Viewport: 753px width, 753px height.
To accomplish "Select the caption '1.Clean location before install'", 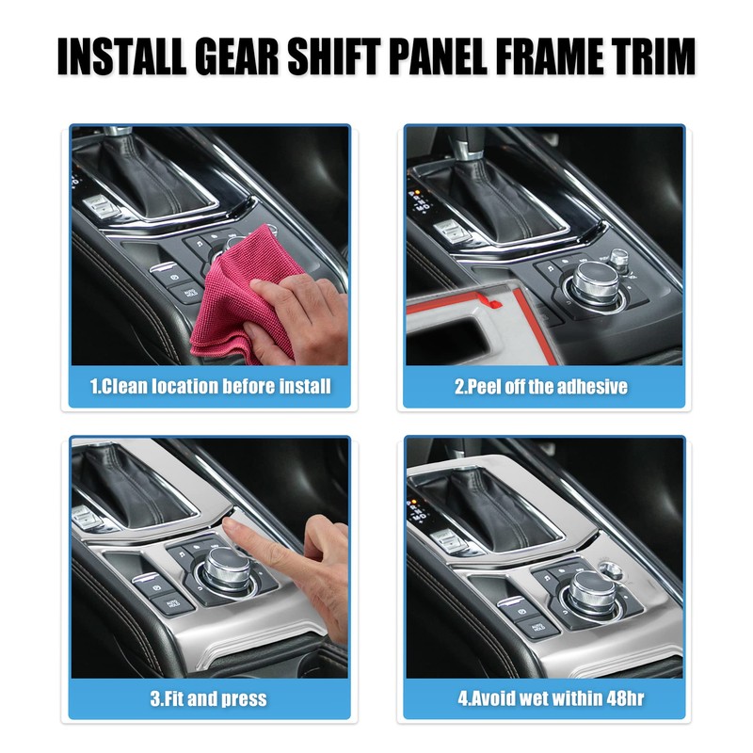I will coord(211,386).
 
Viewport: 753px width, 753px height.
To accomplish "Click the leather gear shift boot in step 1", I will coord(160,174).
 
